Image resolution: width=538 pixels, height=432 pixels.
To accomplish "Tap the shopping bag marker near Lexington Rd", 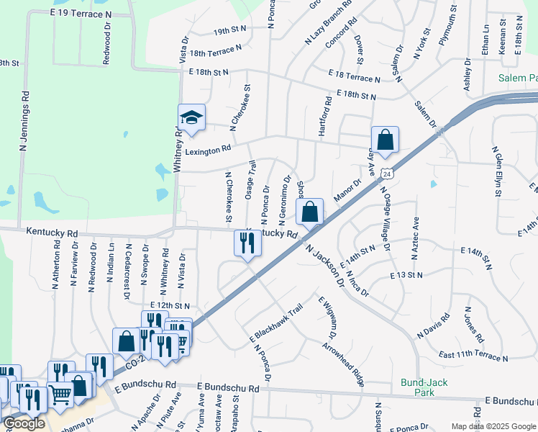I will click(x=385, y=139).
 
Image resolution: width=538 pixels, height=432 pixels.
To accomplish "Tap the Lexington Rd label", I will click(x=208, y=148).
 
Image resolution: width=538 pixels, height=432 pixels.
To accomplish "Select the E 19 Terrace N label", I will click(x=83, y=13).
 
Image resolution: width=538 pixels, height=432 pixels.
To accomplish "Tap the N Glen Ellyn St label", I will click(x=496, y=171).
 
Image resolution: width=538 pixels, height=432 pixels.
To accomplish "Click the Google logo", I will click(x=24, y=423).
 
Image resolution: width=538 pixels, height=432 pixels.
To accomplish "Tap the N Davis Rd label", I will click(x=434, y=325).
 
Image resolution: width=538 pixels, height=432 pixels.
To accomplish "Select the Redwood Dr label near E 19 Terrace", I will click(x=106, y=48).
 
